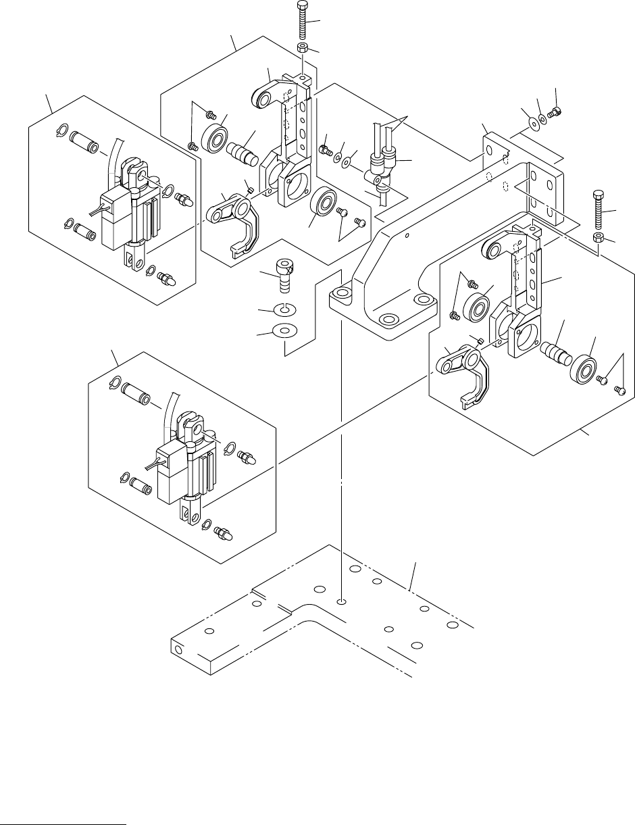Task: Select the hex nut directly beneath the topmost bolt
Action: coord(303,49)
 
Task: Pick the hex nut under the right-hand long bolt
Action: coord(599,238)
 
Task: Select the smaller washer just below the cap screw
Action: coord(286,310)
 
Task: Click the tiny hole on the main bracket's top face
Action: coord(407,236)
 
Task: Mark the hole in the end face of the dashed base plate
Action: coord(179,650)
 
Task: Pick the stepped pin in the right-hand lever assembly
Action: coord(552,352)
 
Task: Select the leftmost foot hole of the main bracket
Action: coord(342,294)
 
